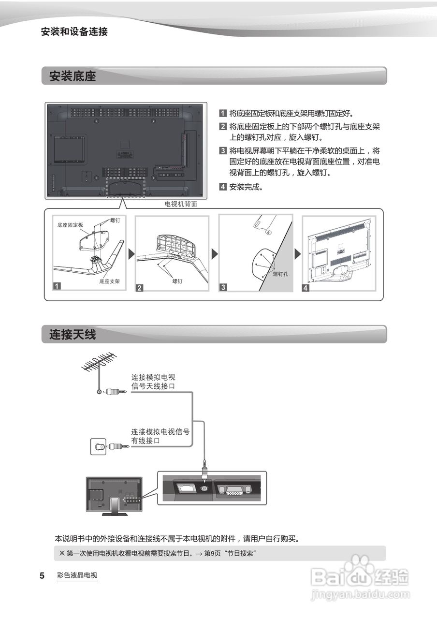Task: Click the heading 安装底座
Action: [x=73, y=76]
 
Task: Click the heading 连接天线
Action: [x=73, y=334]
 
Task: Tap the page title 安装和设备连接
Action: [x=74, y=32]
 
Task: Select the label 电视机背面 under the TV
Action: [x=181, y=204]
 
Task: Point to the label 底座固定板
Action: [x=70, y=225]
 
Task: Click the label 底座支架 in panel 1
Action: [x=110, y=280]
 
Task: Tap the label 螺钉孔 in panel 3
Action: [x=280, y=274]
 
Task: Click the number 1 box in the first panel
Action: [x=57, y=286]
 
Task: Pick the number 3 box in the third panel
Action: [x=223, y=287]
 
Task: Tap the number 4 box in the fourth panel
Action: [x=306, y=288]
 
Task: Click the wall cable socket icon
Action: [x=99, y=446]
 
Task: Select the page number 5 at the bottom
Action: [x=42, y=576]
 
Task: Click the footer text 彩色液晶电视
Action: [x=77, y=575]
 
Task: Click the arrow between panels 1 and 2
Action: [x=131, y=253]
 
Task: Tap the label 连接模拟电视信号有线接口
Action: [x=160, y=436]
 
